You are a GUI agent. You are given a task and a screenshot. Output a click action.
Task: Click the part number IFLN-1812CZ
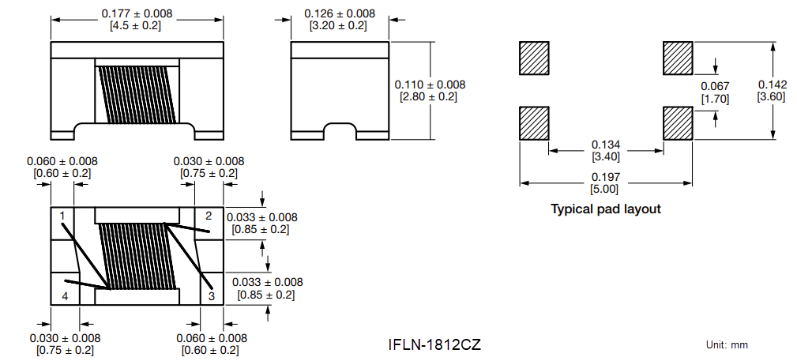tap(434, 345)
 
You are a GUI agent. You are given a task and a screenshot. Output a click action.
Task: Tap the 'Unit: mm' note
tap(727, 345)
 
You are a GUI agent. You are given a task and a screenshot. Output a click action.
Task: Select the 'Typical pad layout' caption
tap(605, 209)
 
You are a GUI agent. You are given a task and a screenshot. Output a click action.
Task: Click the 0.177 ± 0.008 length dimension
tap(137, 14)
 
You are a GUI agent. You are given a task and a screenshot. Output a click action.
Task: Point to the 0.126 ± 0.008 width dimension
tap(340, 14)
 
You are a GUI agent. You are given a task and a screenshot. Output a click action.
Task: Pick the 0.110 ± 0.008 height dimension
tap(430, 85)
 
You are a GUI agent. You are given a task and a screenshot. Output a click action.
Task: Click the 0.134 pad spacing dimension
tap(606, 145)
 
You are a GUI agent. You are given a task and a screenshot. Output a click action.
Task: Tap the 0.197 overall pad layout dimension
tap(605, 177)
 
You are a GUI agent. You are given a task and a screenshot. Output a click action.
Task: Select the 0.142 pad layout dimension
tap(772, 85)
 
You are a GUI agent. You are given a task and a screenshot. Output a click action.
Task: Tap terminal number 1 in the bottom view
tap(62, 215)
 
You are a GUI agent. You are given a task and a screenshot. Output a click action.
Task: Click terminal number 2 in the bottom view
tap(209, 216)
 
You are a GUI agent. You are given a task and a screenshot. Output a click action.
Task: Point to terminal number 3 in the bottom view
tap(211, 295)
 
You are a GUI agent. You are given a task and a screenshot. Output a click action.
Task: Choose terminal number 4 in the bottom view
tap(65, 295)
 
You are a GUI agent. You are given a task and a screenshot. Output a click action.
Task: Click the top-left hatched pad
tap(534, 58)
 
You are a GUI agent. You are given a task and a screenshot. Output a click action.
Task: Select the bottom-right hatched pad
tap(678, 124)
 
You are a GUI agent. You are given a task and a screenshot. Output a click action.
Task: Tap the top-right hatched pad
tap(678, 58)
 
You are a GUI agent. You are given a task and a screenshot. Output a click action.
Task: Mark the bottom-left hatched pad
tap(534, 124)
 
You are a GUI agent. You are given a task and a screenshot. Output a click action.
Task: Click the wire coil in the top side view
tap(137, 95)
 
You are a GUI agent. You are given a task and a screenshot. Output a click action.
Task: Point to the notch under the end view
tap(340, 129)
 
